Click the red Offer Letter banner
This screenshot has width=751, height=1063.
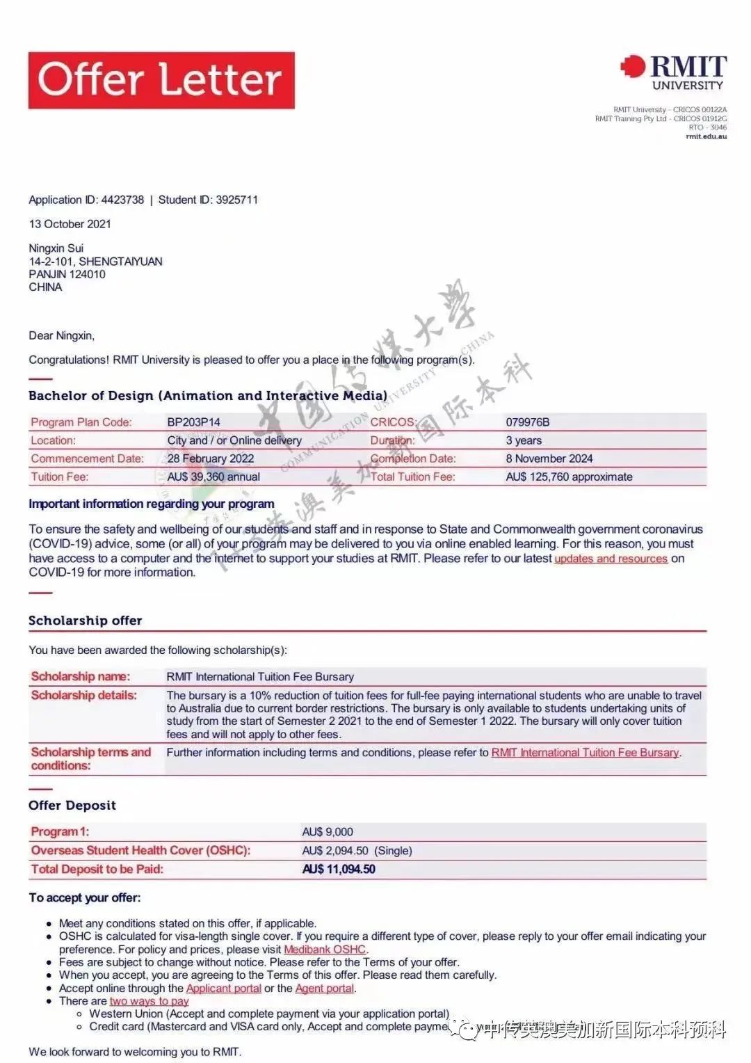161,80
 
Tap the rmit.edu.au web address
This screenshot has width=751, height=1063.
706,136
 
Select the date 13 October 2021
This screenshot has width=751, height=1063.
70,224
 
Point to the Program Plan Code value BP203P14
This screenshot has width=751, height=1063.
193,422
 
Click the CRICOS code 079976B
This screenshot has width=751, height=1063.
527,422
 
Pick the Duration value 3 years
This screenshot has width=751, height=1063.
524,440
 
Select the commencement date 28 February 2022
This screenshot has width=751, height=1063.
210,458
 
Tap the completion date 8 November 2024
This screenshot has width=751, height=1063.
549,458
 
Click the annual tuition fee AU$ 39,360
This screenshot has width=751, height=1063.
213,477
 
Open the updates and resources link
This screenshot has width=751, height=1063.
611,559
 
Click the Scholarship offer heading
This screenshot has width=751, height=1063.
85,621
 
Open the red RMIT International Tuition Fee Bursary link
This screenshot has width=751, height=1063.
585,753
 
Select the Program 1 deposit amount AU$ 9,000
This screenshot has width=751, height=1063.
328,832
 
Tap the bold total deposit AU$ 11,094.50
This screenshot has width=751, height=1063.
339,869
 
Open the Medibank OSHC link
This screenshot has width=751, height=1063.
325,950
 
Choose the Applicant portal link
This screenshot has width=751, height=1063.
223,989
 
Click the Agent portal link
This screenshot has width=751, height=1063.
325,989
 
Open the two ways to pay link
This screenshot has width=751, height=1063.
149,1001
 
